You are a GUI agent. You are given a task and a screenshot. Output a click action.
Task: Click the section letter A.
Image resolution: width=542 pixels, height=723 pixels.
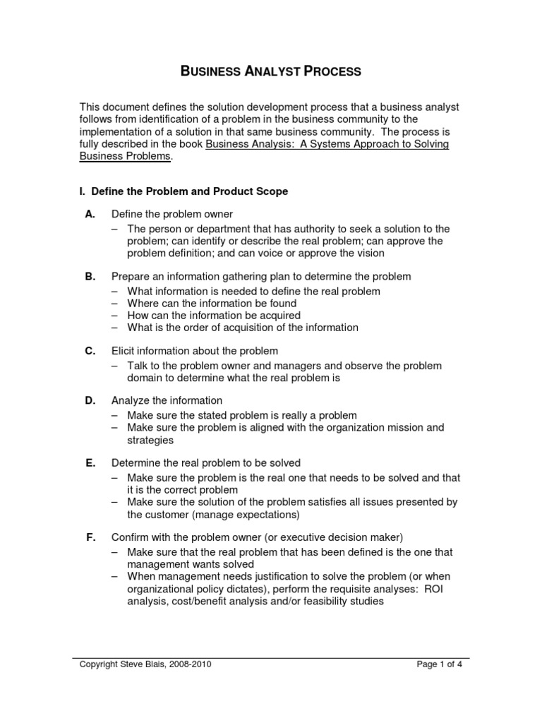(x=90, y=214)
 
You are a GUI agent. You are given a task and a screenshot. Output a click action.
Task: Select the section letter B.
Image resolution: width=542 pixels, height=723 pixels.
(x=90, y=277)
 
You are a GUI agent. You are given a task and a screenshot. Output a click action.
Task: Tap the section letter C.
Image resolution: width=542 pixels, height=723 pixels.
(x=90, y=351)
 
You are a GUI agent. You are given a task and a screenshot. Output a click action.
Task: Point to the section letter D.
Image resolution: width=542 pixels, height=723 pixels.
(x=90, y=400)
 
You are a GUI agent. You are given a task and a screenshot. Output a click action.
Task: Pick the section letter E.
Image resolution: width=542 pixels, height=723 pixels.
(x=90, y=463)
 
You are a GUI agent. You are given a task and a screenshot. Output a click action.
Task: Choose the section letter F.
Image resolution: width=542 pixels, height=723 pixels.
(x=90, y=537)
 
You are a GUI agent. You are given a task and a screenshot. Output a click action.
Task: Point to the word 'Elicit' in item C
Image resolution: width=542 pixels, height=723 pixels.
(x=124, y=351)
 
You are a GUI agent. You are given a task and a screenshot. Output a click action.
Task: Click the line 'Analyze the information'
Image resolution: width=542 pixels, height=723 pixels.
(x=167, y=400)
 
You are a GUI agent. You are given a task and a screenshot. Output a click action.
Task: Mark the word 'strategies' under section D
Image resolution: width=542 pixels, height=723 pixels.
(x=150, y=440)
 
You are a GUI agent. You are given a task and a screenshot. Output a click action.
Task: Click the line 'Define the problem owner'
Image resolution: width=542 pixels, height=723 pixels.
(x=172, y=214)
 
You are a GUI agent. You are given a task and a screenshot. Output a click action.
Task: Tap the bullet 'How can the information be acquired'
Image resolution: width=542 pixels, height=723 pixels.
(x=214, y=315)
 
